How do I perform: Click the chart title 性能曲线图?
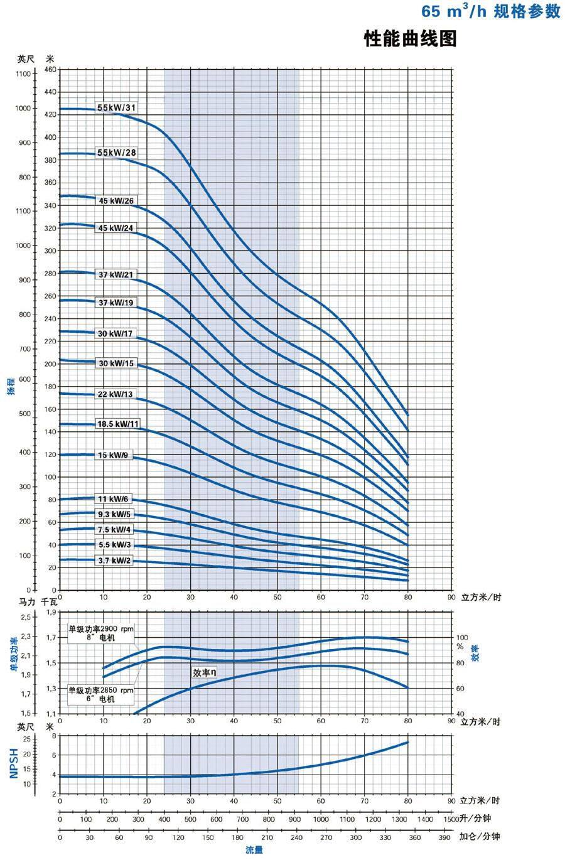410,39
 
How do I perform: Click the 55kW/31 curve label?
117,108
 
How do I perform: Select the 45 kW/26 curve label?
117,201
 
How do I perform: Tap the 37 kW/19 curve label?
116,303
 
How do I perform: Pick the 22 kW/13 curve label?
116,394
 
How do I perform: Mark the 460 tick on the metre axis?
50,69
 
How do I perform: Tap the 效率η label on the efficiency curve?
205,672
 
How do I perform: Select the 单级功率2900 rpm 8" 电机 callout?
101,632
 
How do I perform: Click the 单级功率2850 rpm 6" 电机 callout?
101,694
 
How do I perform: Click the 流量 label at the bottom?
254,850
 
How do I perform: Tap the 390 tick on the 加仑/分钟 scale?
443,837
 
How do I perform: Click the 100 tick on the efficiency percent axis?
462,637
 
